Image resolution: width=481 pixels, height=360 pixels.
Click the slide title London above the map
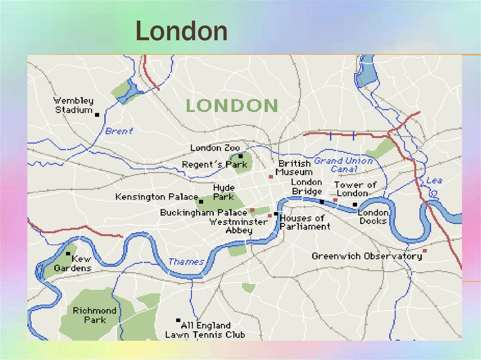[181, 32]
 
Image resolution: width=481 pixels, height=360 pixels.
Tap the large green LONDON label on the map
[232, 106]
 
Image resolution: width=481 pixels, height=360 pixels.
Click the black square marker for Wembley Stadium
[97, 115]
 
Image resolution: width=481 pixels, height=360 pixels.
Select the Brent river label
[119, 131]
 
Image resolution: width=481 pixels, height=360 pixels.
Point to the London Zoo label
[215, 148]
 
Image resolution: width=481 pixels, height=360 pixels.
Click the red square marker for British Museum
[271, 177]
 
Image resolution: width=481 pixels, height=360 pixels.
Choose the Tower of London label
[355, 189]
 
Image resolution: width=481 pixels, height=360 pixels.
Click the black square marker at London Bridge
[322, 202]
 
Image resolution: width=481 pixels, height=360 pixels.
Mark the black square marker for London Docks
[355, 204]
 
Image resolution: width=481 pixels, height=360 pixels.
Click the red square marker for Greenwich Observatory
[425, 251]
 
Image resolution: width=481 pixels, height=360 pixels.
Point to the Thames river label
[186, 262]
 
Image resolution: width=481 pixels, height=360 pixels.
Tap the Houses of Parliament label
[304, 222]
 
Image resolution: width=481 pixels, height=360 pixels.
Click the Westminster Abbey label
[239, 226]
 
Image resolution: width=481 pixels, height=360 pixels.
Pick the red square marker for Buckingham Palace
[252, 210]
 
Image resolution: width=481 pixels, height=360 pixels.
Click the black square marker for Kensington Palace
[201, 201]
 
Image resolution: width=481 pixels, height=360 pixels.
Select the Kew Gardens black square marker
[68, 253]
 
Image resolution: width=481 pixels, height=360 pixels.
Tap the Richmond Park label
[94, 315]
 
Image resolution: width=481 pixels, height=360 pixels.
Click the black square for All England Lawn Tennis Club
[178, 320]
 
